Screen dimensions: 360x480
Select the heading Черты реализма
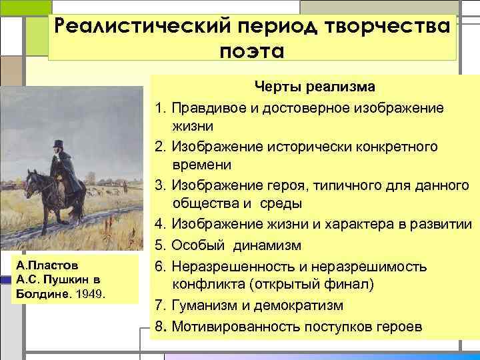314,88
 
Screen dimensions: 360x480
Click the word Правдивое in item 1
206,107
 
